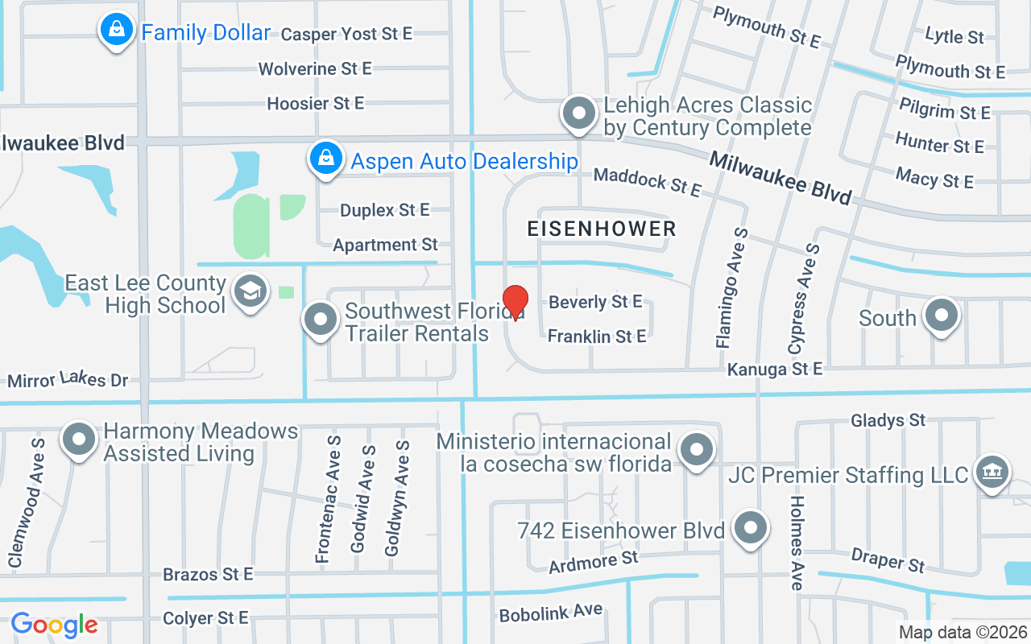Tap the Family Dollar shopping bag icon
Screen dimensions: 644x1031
coord(117,30)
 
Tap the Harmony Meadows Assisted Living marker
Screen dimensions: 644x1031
coord(79,440)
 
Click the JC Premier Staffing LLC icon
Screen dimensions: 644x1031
coord(992,472)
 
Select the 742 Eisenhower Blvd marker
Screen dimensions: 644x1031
coord(751,527)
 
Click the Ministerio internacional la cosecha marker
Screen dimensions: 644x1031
coord(697,449)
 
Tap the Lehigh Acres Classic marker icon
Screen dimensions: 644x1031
coord(578,114)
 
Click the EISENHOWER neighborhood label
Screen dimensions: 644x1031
coord(602,229)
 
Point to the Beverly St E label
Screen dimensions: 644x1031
coord(595,302)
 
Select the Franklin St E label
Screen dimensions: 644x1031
coord(597,336)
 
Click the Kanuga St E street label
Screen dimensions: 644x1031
coord(775,369)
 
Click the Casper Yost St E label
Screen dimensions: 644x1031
coord(346,34)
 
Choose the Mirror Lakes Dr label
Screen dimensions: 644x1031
coord(68,378)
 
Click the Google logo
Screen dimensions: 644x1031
coord(54,624)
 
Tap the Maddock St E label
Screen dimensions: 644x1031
coord(648,182)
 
